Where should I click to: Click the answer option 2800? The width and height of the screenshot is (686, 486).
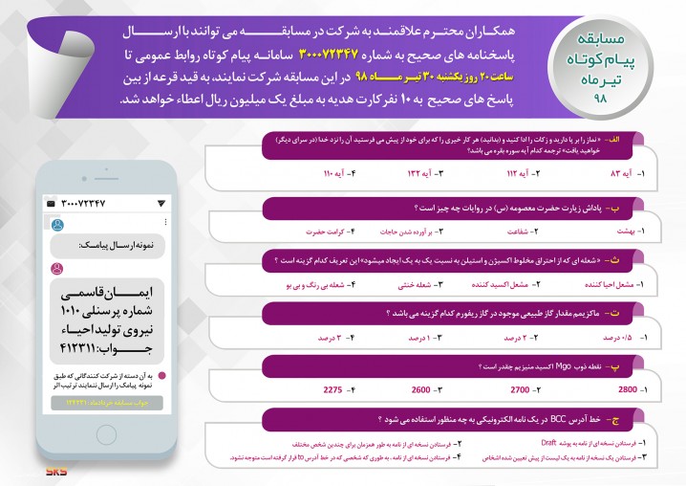point(627,390)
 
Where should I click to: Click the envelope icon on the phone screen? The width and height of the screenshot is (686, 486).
point(51,204)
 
